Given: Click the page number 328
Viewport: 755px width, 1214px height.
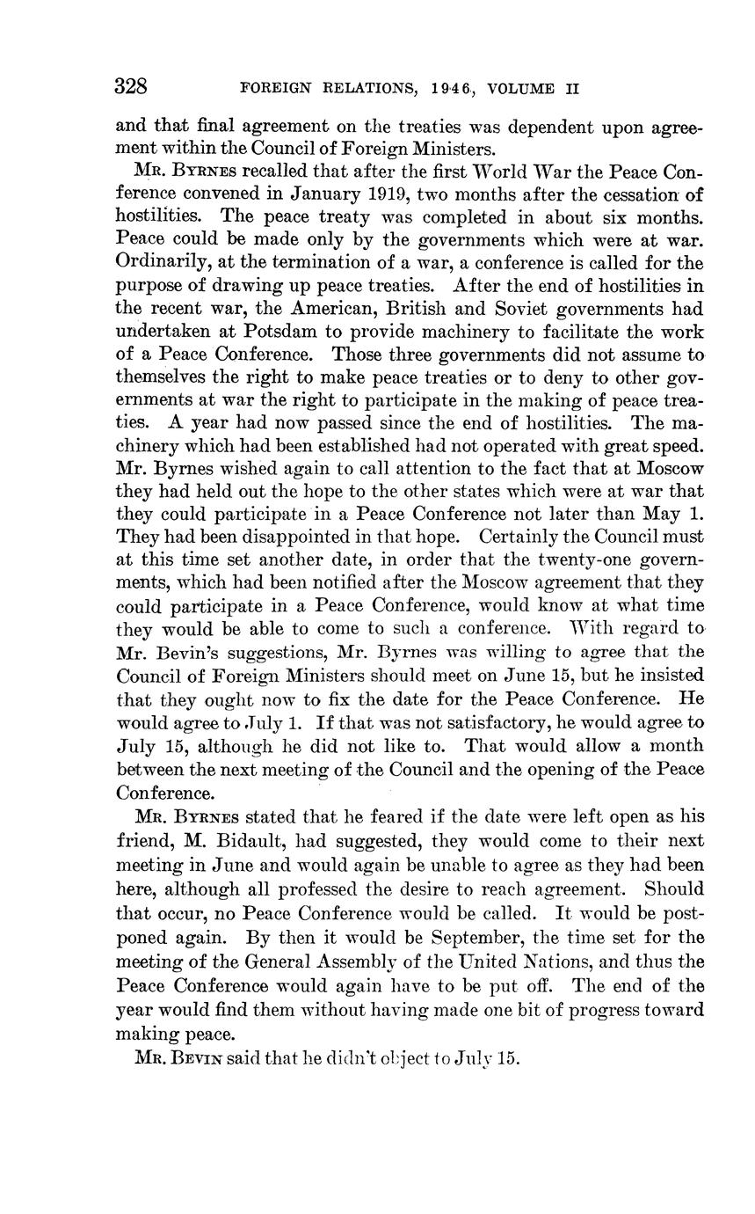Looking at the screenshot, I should point(130,87).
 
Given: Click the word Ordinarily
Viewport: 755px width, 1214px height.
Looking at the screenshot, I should point(156,263).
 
